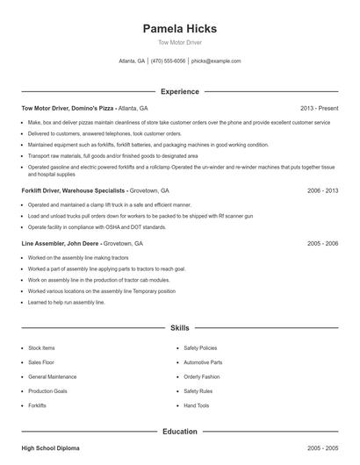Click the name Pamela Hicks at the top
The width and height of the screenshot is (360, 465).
point(180,29)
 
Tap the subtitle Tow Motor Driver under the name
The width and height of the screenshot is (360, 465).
point(180,42)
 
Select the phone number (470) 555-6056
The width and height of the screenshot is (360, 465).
point(168,61)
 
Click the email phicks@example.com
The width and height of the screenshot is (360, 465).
point(216,61)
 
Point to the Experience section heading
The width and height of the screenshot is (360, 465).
point(180,91)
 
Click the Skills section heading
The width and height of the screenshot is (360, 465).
point(180,327)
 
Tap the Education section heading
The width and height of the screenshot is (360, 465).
point(180,432)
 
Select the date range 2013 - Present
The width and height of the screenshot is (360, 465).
point(319,107)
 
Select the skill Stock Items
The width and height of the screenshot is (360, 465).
point(41,347)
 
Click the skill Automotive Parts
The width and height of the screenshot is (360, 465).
point(203,361)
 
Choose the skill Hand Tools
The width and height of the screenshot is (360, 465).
point(197,406)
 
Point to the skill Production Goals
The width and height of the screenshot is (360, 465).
point(47,391)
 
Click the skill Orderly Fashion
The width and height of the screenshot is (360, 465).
point(202,376)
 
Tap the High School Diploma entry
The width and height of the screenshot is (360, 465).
point(50,448)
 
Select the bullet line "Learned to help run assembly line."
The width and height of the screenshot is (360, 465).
point(66,302)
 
